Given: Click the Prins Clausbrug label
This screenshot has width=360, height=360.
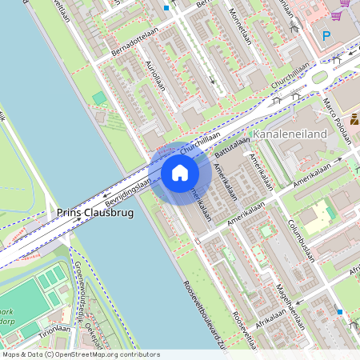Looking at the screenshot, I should point(94,214).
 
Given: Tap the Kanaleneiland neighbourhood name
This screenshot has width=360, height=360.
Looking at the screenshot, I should point(290,134).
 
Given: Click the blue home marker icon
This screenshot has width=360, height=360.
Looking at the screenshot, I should point(180,173).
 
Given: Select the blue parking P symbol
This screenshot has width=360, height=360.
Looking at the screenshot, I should point(326,36).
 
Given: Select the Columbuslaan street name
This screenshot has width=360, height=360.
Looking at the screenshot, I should point(303,240).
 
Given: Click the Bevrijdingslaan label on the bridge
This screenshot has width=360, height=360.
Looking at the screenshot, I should point(127,192).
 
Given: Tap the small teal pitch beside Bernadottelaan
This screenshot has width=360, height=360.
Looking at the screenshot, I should point(99,98).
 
